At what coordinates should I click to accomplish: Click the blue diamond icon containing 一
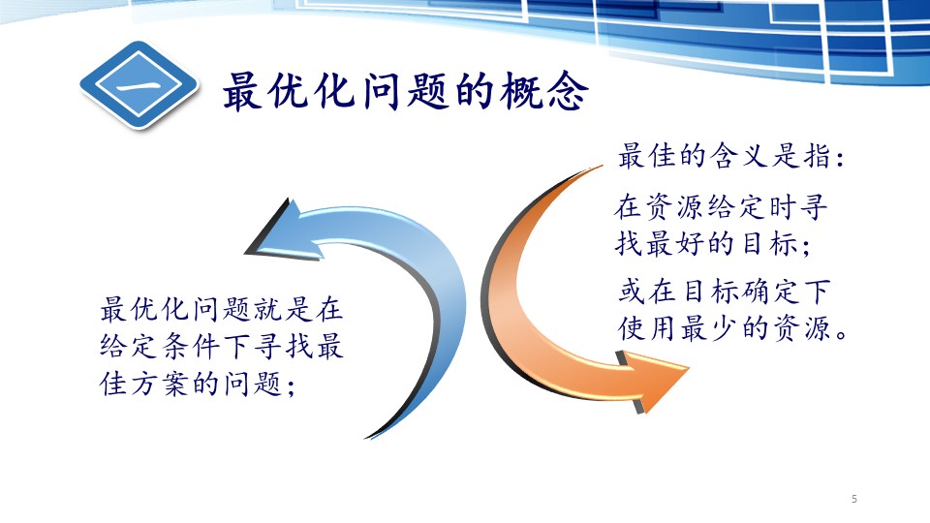pos(139,85)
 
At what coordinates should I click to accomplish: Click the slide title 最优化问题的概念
pos(406,91)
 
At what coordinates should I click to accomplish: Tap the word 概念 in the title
pos(543,91)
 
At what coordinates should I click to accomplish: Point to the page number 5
pos(854,499)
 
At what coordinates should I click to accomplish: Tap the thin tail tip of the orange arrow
pos(601,167)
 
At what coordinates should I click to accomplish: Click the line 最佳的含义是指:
pos(730,156)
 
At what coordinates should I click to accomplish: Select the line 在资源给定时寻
pos(721,207)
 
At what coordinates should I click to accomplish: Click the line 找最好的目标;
pos(713,243)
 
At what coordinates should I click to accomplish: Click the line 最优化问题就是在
pos(221,309)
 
